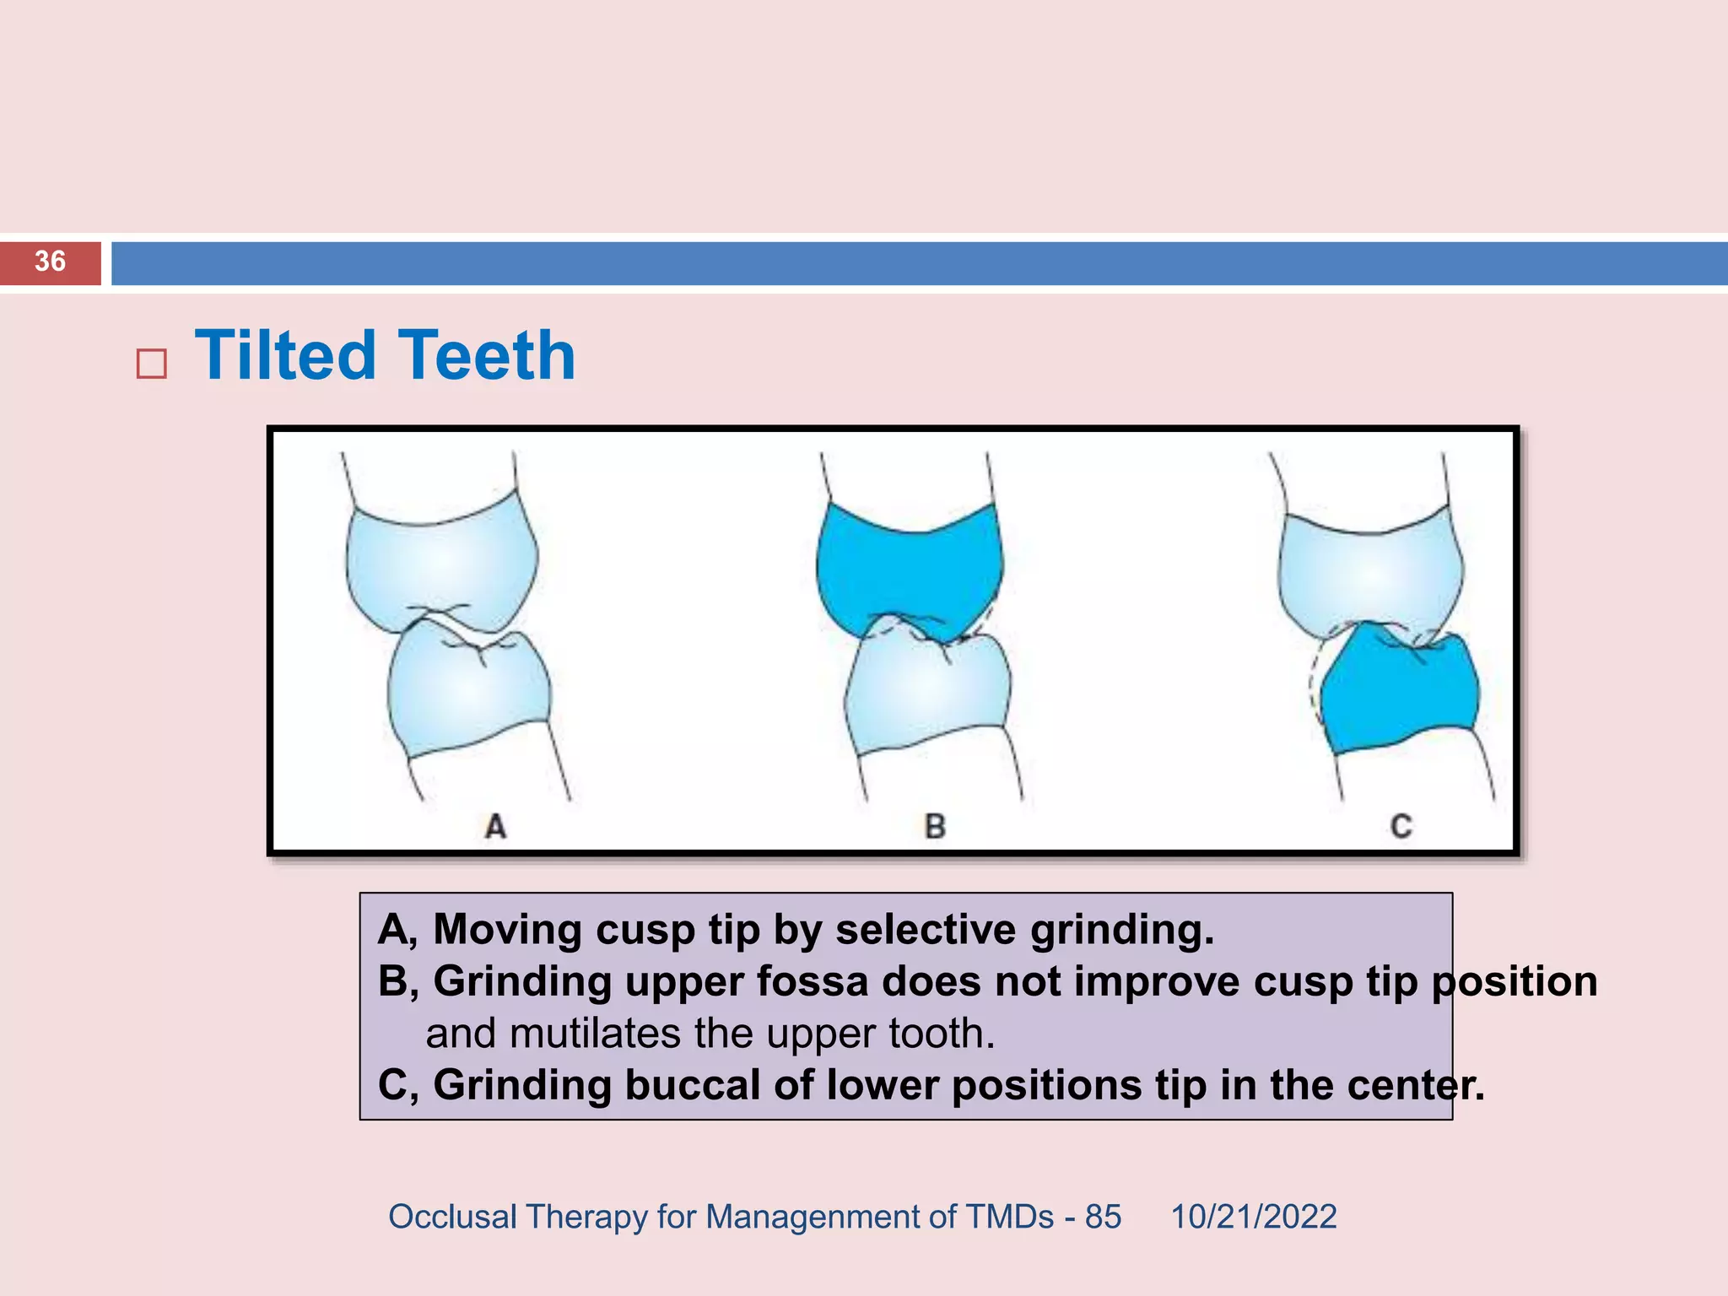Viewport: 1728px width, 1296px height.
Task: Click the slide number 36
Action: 50,262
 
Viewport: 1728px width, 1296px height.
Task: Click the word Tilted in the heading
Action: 284,355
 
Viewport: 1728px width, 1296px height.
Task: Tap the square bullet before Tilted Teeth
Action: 151,364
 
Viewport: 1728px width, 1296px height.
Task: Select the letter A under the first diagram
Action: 495,825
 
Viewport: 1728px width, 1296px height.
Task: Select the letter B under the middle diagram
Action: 934,825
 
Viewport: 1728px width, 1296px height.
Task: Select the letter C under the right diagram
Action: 1401,825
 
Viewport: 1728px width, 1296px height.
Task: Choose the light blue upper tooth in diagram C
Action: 1371,574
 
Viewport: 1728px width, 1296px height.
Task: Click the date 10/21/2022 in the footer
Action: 1253,1217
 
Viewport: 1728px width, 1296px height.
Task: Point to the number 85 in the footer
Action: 1103,1217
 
